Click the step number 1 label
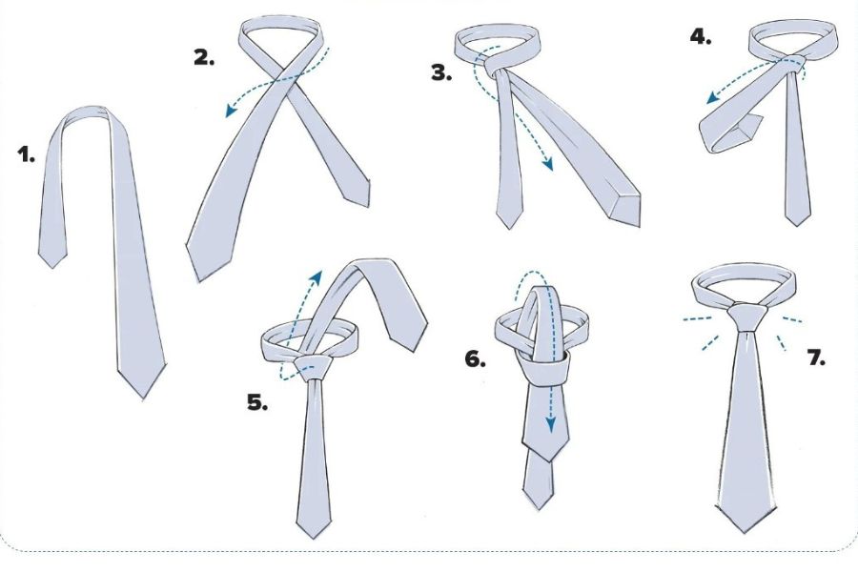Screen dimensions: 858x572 click(x=26, y=154)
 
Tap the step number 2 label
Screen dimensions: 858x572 click(x=204, y=57)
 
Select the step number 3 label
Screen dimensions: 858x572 click(x=441, y=72)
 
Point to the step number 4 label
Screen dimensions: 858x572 click(x=701, y=36)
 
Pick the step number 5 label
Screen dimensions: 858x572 click(x=257, y=403)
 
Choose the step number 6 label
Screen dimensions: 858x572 click(x=475, y=359)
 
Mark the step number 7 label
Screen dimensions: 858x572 click(x=816, y=358)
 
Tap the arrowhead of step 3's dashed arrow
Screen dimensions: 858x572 click(x=547, y=163)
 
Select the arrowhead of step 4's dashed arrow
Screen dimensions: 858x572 click(x=713, y=98)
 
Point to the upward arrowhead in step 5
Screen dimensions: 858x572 click(x=317, y=276)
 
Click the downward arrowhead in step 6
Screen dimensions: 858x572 click(x=550, y=424)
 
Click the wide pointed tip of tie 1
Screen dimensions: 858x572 click(x=143, y=398)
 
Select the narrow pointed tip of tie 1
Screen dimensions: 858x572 click(x=52, y=267)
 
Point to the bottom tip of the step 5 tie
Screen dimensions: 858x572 click(x=314, y=537)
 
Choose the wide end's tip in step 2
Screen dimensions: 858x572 click(x=199, y=281)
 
